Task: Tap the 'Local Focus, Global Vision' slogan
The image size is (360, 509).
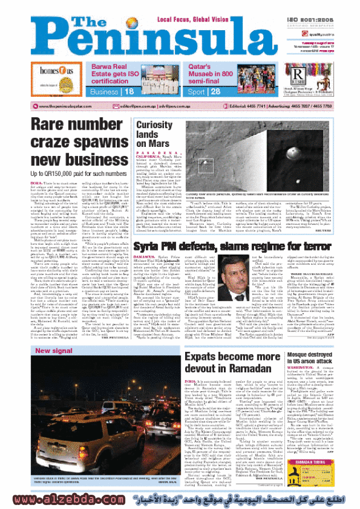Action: [193, 20]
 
